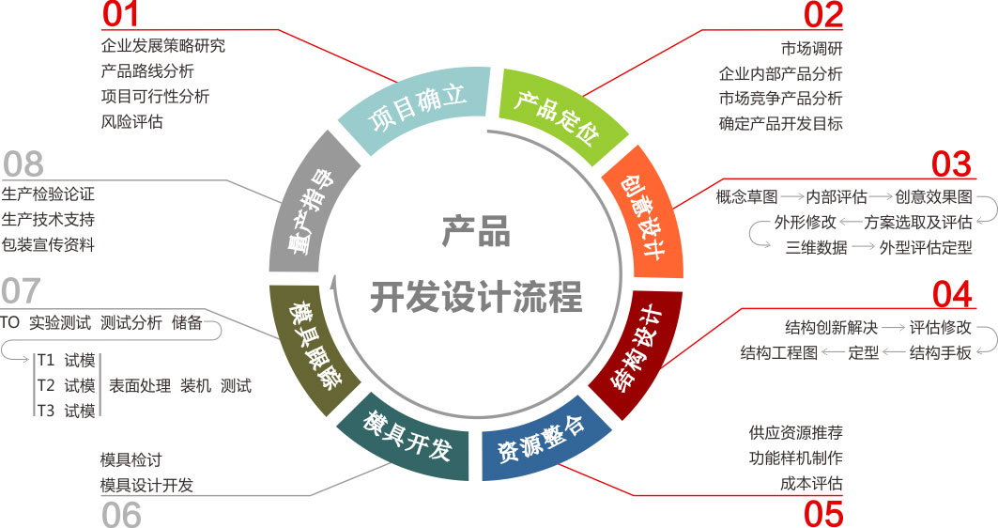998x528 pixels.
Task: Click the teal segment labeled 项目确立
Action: [415, 111]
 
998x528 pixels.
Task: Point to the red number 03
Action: [951, 163]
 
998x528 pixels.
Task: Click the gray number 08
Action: [23, 163]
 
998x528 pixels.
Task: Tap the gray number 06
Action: [121, 514]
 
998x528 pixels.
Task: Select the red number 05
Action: [823, 514]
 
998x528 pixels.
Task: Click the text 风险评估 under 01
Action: [131, 121]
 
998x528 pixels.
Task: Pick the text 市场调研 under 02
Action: [811, 48]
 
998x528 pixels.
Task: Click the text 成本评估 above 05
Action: [811, 483]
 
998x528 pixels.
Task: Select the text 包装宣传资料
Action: [48, 244]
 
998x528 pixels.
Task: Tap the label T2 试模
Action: [66, 385]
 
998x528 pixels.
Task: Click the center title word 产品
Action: [476, 231]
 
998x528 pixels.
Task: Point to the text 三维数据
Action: [816, 248]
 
